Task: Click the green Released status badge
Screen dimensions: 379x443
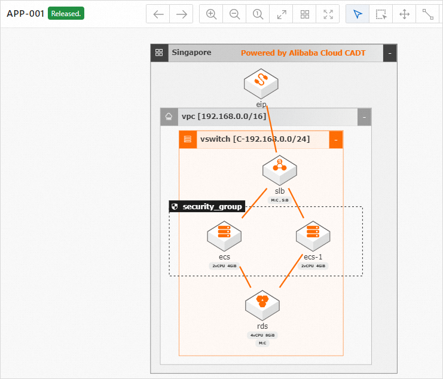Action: click(x=66, y=14)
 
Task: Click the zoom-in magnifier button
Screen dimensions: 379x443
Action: click(x=211, y=14)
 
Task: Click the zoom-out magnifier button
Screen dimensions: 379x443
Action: click(x=234, y=14)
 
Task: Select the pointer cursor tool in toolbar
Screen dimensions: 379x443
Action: click(x=358, y=14)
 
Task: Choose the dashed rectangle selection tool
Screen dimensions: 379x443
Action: click(x=381, y=14)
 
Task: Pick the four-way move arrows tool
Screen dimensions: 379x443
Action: click(x=404, y=14)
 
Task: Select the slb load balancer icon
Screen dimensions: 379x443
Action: click(x=280, y=170)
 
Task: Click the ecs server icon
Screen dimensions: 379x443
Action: click(x=224, y=236)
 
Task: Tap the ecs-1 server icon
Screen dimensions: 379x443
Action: click(x=313, y=236)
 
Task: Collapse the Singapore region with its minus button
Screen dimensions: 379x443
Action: click(x=390, y=53)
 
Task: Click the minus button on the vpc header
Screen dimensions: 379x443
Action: click(x=364, y=117)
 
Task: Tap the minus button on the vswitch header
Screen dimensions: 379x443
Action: click(x=336, y=140)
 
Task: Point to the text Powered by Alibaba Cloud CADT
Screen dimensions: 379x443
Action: click(x=303, y=53)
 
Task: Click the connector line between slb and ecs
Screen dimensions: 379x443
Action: click(x=254, y=204)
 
